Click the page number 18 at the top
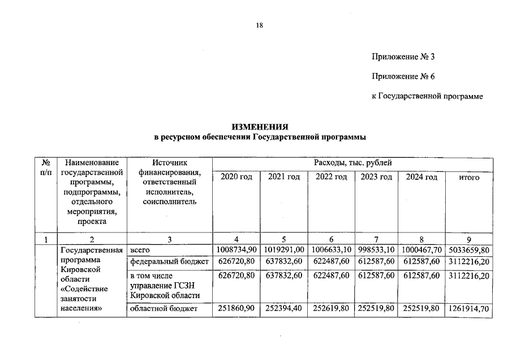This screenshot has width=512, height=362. coord(260,25)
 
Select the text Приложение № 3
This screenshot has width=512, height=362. coord(402,57)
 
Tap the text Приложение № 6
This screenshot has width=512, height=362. coord(402,76)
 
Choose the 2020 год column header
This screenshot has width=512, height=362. coord(236,177)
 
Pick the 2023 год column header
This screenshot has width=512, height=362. coord(376,177)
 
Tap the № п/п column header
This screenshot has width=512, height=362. coord(47,167)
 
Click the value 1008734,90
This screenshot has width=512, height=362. coord(236,249)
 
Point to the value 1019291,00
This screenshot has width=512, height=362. coord(284,249)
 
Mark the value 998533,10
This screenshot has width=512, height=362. coord(376,249)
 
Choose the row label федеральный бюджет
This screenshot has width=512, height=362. coord(169,261)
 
